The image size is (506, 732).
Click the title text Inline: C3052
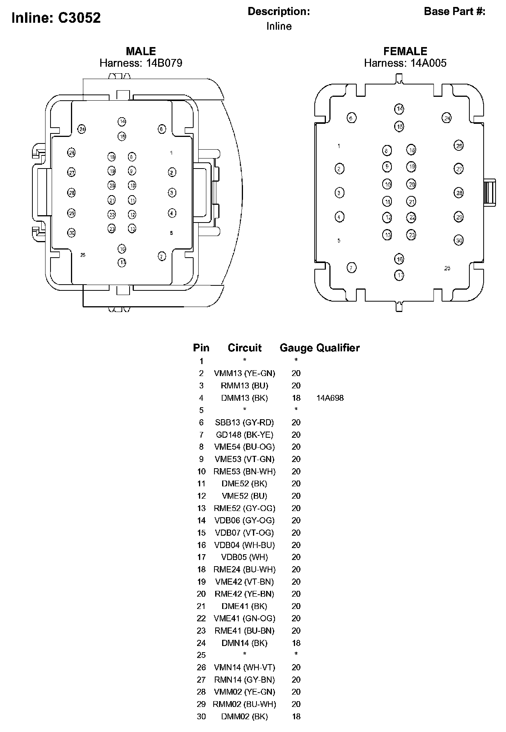tap(56, 18)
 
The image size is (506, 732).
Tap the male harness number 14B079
tap(164, 63)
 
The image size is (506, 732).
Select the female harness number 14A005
tap(428, 63)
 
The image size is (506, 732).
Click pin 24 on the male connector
tap(82, 130)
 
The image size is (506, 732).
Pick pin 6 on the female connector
tap(351, 118)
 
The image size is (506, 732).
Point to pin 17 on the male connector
tap(122, 263)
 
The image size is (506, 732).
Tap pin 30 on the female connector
tap(459, 240)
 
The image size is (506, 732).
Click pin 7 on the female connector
tap(351, 268)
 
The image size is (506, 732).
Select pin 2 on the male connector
tap(172, 172)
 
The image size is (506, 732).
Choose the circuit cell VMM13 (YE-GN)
tap(245, 373)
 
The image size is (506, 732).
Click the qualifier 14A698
tap(330, 398)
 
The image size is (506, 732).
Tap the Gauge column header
tap(296, 348)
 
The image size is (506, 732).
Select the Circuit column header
tap(245, 348)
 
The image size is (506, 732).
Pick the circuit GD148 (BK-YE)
tap(245, 435)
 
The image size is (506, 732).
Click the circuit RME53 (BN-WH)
tap(245, 471)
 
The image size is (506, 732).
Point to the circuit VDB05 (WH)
tap(245, 557)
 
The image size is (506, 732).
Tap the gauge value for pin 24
tap(296, 643)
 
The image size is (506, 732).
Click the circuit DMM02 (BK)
tap(245, 717)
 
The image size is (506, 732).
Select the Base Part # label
tap(454, 12)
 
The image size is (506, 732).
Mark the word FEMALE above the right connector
tap(405, 51)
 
